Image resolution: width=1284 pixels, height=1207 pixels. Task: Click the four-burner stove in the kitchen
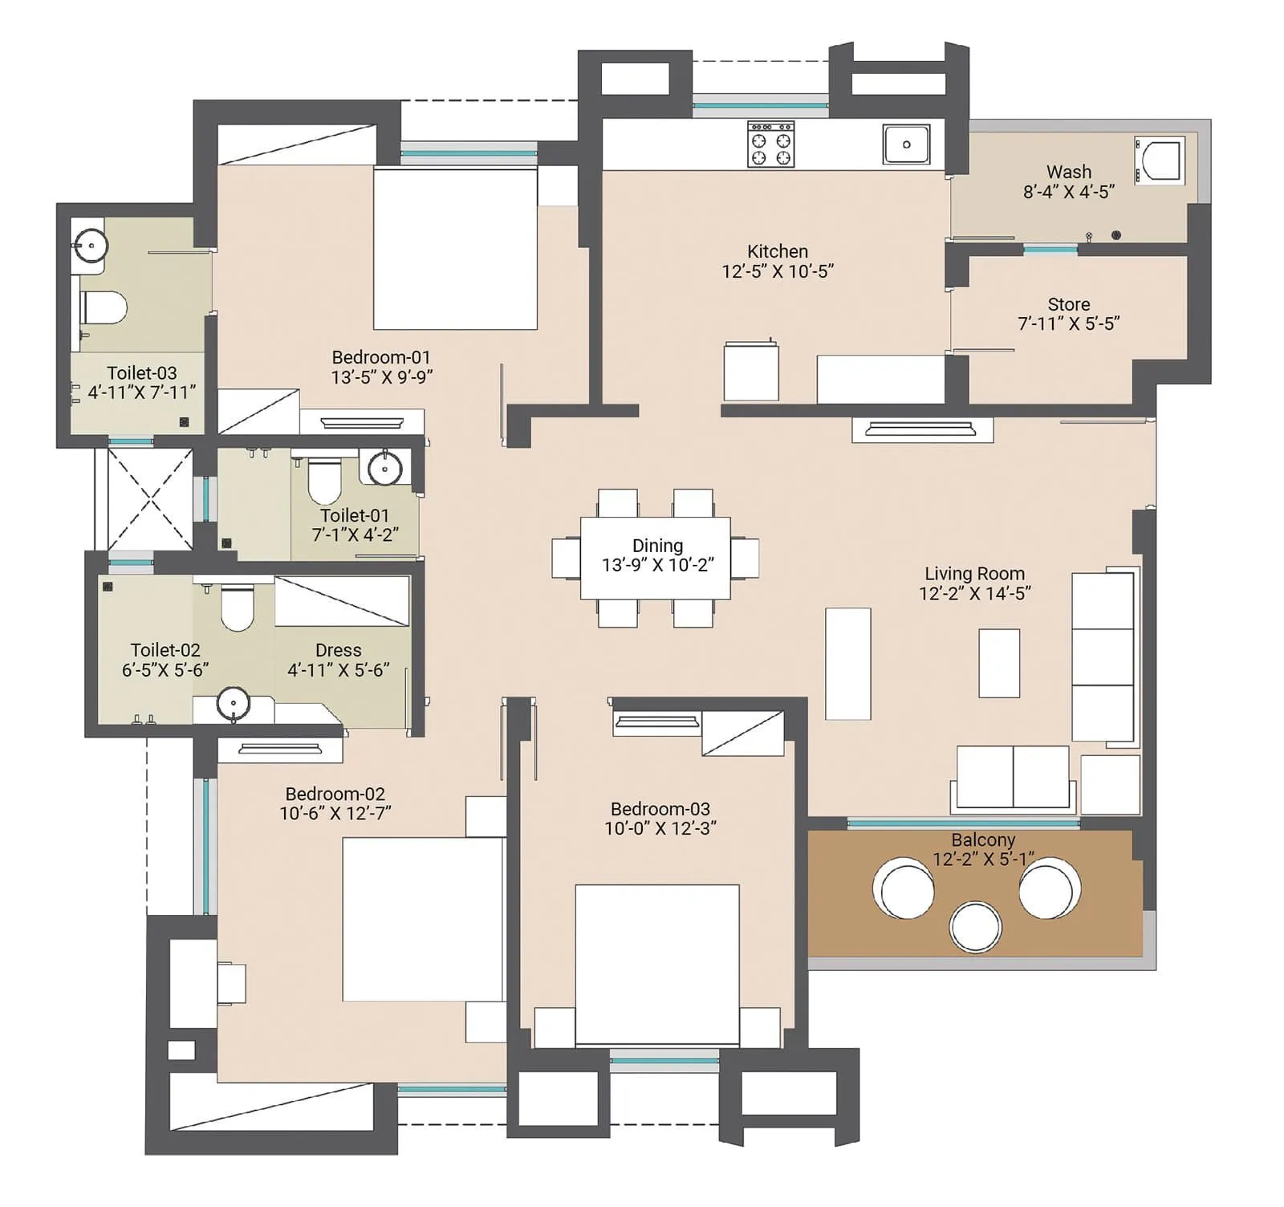coord(770,144)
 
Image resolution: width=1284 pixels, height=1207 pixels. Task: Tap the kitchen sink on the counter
coord(906,144)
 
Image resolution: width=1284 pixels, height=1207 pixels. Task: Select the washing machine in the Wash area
coord(1160,159)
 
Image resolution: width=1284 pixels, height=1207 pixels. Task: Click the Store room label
coord(1068,304)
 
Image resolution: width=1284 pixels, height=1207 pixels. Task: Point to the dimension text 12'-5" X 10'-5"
coord(777,271)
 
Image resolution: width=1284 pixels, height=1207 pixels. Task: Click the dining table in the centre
coord(656,558)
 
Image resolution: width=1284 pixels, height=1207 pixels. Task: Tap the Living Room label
coord(974,573)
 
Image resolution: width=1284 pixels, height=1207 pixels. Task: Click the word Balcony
coord(983,839)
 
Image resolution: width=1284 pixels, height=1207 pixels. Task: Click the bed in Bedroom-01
coord(455,248)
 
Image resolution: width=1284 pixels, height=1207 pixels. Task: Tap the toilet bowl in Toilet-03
coord(104,307)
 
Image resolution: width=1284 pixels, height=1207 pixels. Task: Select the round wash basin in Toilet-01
coord(384,468)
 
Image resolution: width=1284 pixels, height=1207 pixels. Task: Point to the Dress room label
coord(338,650)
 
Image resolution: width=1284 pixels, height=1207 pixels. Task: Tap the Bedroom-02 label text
coord(335,794)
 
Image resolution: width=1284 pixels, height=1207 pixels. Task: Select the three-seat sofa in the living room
coord(1103,656)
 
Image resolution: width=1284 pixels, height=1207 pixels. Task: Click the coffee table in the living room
coord(998,663)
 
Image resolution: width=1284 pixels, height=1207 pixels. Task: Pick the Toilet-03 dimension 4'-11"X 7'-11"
coord(141,392)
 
